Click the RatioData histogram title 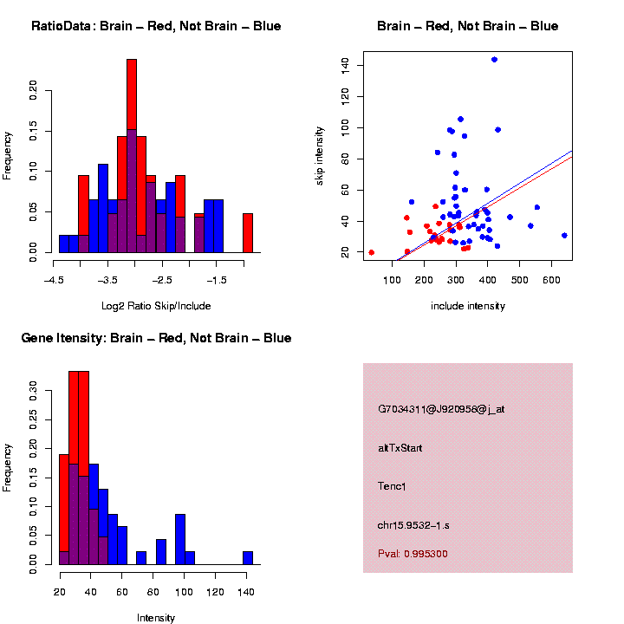(x=156, y=26)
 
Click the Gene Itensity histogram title (x=156, y=338)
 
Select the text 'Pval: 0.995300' (x=413, y=554)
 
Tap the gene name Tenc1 (x=392, y=486)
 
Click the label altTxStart (x=400, y=448)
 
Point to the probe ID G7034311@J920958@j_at (x=440, y=409)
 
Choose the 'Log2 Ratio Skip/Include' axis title (x=156, y=305)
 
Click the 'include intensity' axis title (x=468, y=305)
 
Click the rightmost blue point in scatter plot (x=564, y=235)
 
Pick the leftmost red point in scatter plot (x=371, y=252)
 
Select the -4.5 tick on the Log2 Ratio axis (x=54, y=280)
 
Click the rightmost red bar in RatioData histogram (x=248, y=232)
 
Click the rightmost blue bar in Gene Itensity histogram (x=248, y=558)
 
